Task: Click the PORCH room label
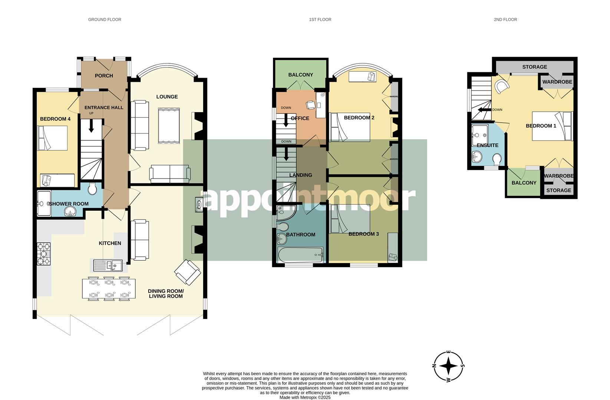[104, 76]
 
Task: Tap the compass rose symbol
[449, 366]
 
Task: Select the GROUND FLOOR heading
[105, 19]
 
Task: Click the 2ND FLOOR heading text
[505, 19]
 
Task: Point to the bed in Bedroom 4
[52, 138]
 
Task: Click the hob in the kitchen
[43, 254]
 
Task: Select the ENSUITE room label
[487, 145]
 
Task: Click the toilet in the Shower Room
[92, 189]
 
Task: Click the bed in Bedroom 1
[553, 126]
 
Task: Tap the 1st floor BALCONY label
[300, 74]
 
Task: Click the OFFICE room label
[300, 118]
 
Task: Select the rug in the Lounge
[169, 126]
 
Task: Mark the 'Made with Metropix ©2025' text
[305, 397]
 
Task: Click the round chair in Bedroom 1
[501, 87]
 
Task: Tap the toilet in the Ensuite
[497, 160]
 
